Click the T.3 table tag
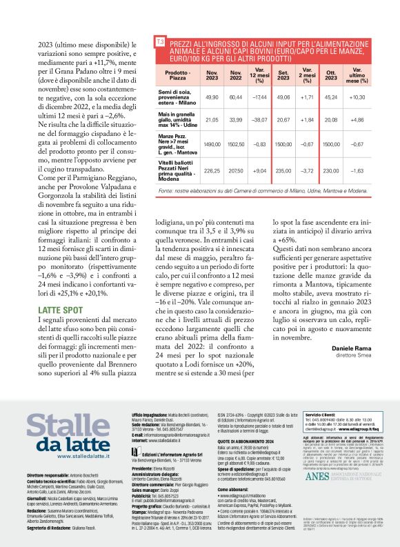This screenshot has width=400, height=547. click(x=161, y=43)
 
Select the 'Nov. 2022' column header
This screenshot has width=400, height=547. click(x=236, y=75)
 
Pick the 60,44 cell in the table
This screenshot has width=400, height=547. click(x=236, y=97)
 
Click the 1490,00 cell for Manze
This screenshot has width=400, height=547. click(x=212, y=144)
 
